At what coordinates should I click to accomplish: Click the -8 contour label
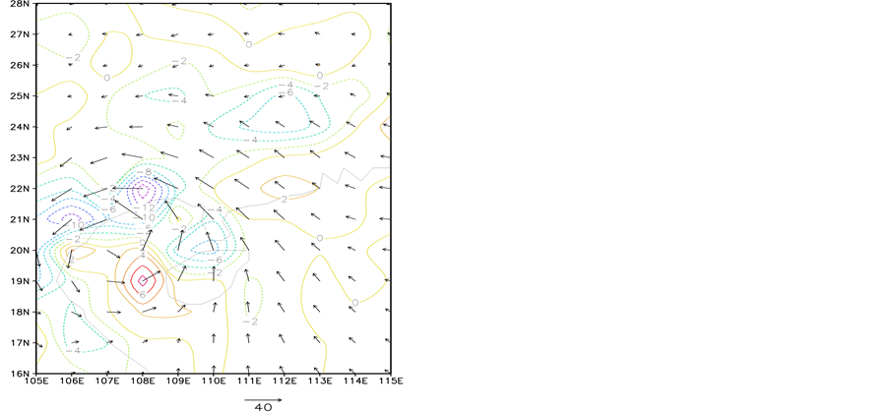(144, 172)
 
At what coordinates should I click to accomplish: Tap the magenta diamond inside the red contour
(143, 280)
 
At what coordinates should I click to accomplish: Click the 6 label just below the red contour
(143, 294)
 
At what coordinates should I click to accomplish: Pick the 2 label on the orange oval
(285, 199)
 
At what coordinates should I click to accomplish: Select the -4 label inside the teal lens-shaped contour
(179, 100)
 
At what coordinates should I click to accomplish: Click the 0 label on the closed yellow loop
(107, 77)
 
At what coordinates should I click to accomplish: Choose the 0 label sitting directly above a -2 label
(320, 75)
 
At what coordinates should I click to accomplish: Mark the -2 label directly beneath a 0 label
(321, 86)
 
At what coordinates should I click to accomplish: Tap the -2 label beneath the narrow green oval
(250, 322)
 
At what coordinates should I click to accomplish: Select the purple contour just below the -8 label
(144, 190)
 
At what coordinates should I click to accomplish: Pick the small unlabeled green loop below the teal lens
(175, 129)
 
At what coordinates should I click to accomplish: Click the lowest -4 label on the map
(74, 349)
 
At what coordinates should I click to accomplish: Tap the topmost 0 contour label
(249, 44)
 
